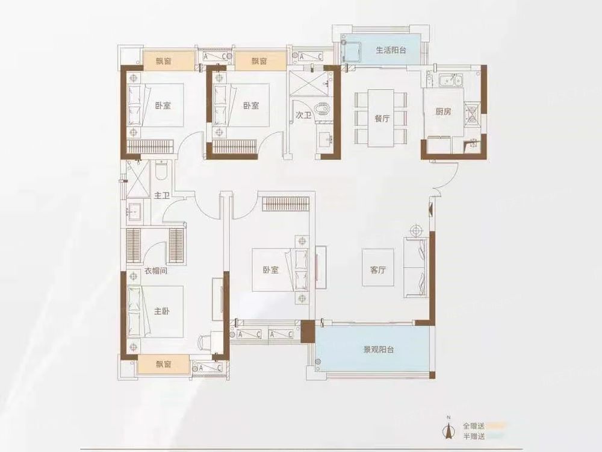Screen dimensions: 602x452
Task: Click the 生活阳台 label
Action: [x=391, y=50]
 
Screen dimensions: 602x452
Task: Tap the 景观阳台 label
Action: [x=379, y=350]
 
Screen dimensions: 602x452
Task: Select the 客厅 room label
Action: [x=378, y=270]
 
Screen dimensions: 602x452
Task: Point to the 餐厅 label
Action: [x=382, y=118]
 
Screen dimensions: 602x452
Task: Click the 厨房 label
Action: [x=443, y=112]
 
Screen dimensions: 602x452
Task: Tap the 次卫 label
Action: [x=303, y=115]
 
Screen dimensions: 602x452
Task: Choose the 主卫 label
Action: [x=161, y=196]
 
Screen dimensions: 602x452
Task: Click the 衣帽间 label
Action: [x=155, y=271]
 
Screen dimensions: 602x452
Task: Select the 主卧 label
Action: [x=161, y=311]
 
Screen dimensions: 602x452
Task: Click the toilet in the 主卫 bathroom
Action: [x=161, y=171]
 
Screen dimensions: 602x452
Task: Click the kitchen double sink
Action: [x=451, y=81]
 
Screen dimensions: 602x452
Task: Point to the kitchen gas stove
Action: [x=472, y=114]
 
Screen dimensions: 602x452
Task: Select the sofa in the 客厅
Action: [x=416, y=268]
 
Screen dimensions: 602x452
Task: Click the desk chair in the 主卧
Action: [x=205, y=342]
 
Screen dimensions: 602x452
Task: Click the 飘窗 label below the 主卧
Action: [x=163, y=363]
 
